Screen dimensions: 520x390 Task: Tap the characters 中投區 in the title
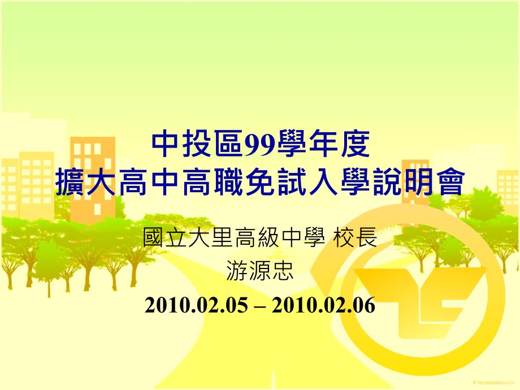click(197, 145)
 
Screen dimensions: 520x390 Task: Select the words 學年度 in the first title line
click(323, 145)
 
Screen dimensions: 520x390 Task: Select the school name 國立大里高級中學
click(233, 237)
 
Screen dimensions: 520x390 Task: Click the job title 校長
click(355, 237)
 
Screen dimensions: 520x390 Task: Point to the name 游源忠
click(260, 270)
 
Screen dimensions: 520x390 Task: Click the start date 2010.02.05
click(196, 305)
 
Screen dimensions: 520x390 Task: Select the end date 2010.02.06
click(324, 305)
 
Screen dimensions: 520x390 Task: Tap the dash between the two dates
click(260, 306)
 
